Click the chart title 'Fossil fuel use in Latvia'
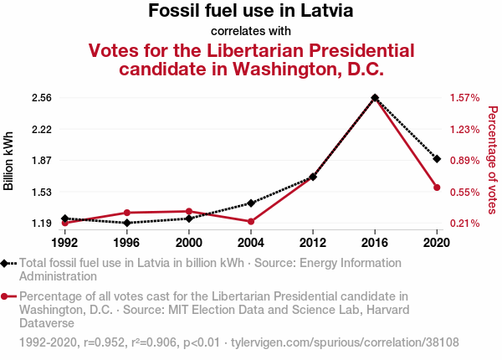[x=251, y=12]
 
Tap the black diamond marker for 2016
[x=375, y=98]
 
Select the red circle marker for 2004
[x=251, y=222]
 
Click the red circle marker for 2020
[x=437, y=188]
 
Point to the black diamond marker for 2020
[x=437, y=158]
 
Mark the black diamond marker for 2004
[x=251, y=203]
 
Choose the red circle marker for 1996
[x=127, y=213]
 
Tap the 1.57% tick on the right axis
[x=464, y=98]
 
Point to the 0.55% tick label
[x=464, y=193]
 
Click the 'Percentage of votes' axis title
[x=492, y=161]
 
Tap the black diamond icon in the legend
[x=7, y=263]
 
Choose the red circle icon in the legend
[x=7, y=296]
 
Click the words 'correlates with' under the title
[x=251, y=32]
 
